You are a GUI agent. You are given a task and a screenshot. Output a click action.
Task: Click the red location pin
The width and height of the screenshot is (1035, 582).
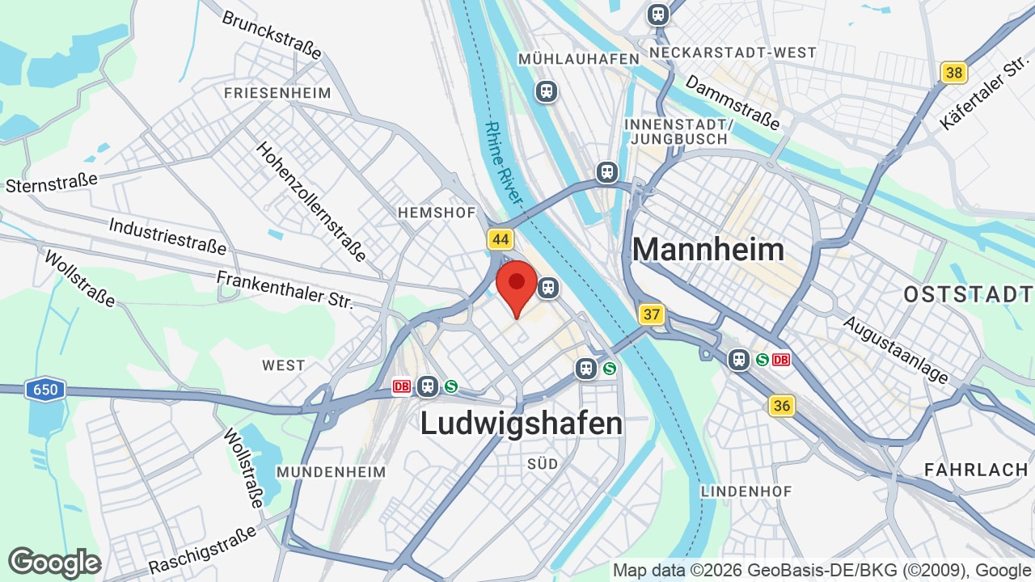pos(517,285)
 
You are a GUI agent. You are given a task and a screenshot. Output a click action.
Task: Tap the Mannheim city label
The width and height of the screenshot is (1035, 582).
pos(708,249)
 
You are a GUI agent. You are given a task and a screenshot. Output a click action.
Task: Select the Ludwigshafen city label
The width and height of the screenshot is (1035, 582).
pos(522,424)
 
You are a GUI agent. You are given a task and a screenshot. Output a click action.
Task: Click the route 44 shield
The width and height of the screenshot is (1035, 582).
pos(501,239)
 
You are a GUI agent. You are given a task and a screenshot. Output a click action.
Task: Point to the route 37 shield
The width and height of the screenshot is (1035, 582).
pos(651,314)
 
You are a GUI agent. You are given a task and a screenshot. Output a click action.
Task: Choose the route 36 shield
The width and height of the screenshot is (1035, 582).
pos(781,406)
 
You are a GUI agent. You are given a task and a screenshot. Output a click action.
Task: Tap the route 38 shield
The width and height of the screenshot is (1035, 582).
pos(954,73)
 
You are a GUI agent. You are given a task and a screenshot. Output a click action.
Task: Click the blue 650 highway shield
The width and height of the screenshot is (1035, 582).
pos(44,390)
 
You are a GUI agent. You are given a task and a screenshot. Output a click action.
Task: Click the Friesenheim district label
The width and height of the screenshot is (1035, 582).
pos(277,93)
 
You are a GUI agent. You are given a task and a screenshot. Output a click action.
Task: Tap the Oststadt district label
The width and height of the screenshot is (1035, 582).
pos(968,294)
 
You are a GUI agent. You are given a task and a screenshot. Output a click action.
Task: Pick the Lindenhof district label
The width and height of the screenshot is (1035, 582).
pos(746,491)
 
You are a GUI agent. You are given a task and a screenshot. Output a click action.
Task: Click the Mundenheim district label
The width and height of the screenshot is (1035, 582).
pos(331,471)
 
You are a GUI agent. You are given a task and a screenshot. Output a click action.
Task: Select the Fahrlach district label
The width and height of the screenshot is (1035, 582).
pos(976,470)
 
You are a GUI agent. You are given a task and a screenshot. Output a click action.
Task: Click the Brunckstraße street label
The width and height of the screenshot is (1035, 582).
pos(272,34)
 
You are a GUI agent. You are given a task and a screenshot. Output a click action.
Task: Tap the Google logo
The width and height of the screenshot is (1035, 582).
pos(54,563)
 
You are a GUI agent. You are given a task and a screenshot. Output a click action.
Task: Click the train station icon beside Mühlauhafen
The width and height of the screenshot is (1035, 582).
pos(547,91)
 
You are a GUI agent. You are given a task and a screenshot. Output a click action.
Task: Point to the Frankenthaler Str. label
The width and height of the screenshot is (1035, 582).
pos(285,290)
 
